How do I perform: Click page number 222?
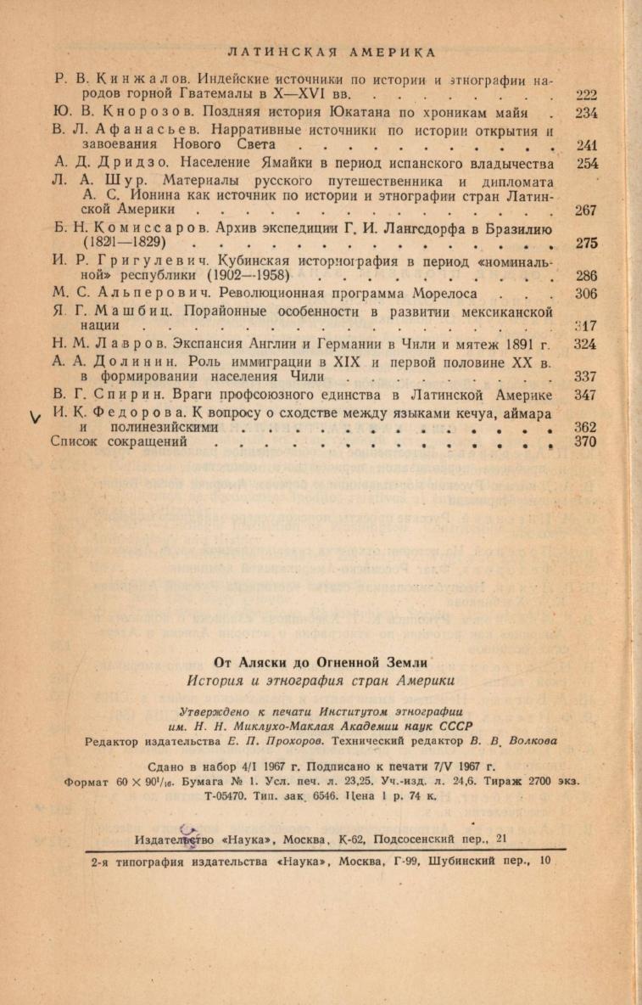click(x=586, y=95)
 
